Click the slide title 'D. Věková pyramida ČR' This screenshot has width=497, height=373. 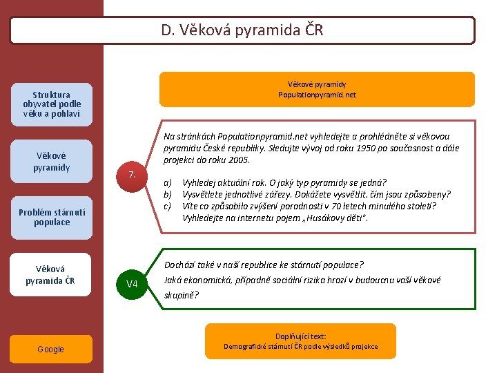pyautogui.click(x=242, y=30)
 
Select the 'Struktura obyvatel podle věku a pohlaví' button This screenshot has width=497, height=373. pyautogui.click(x=52, y=104)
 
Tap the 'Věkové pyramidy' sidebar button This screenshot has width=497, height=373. pyautogui.click(x=52, y=162)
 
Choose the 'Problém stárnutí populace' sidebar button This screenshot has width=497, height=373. pyautogui.click(x=52, y=218)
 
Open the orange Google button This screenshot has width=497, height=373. pyautogui.click(x=51, y=350)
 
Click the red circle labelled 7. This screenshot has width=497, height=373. pyautogui.click(x=131, y=175)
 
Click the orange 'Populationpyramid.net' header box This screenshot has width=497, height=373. pyautogui.click(x=318, y=89)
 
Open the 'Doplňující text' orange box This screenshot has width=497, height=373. pyautogui.click(x=300, y=341)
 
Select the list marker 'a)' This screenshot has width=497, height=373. pyautogui.click(x=168, y=183)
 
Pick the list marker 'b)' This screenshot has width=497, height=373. pyautogui.click(x=168, y=195)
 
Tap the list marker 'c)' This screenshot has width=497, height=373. pyautogui.click(x=168, y=206)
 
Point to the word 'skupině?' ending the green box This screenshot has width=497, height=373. pyautogui.click(x=182, y=295)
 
